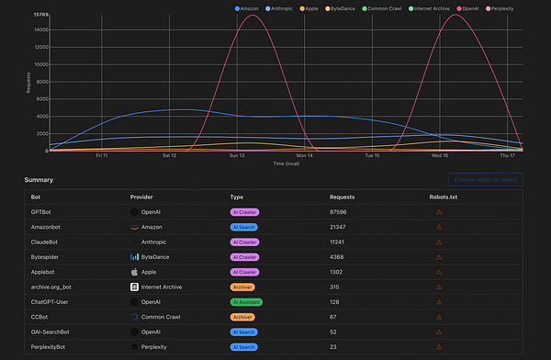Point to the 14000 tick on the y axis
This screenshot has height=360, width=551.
coord(39,29)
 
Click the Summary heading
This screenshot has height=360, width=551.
coord(38,180)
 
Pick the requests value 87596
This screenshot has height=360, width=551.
coord(341,212)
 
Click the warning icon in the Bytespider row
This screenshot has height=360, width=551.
coord(438,257)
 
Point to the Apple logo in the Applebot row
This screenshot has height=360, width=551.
coord(134,272)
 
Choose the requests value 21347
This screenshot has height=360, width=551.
coord(341,227)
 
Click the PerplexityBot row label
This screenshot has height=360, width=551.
coord(50,346)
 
